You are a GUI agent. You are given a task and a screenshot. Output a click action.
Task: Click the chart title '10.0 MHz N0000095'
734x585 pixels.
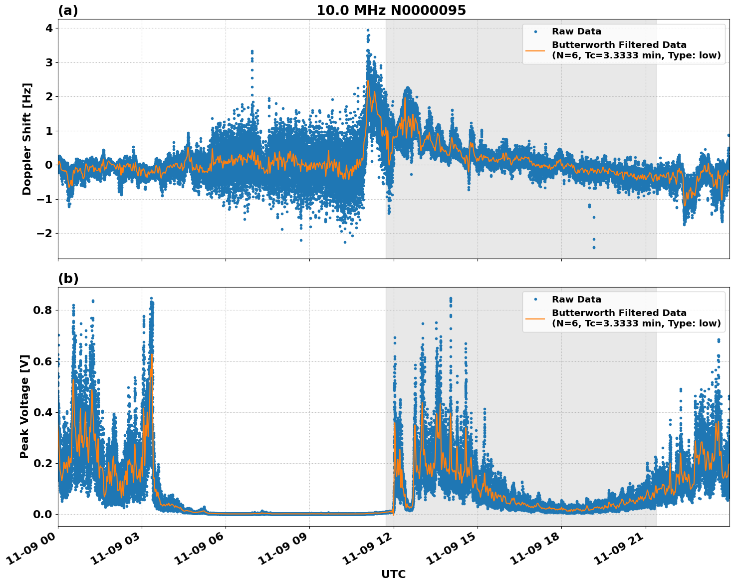391,10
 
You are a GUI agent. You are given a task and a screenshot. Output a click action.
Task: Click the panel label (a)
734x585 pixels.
68,10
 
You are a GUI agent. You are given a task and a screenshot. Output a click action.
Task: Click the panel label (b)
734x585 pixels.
68,279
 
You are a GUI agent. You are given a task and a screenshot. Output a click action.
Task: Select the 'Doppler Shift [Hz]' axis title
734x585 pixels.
27,139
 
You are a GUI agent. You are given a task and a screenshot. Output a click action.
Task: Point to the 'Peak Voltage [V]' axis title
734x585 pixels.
24,406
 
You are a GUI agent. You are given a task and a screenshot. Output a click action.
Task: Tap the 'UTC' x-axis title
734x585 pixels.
393,574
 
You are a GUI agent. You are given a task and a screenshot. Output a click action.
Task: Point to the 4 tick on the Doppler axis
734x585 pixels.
49,28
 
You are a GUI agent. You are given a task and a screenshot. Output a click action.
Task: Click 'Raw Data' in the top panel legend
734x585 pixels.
576,31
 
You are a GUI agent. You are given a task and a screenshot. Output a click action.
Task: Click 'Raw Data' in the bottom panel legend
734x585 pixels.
576,299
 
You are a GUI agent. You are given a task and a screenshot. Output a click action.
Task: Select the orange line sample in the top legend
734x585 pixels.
535,50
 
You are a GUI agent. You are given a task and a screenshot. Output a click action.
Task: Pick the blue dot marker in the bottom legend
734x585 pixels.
535,299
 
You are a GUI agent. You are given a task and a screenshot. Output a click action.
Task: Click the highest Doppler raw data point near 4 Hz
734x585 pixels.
368,30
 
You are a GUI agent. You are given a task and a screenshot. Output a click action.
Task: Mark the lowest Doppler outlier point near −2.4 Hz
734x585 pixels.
594,247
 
